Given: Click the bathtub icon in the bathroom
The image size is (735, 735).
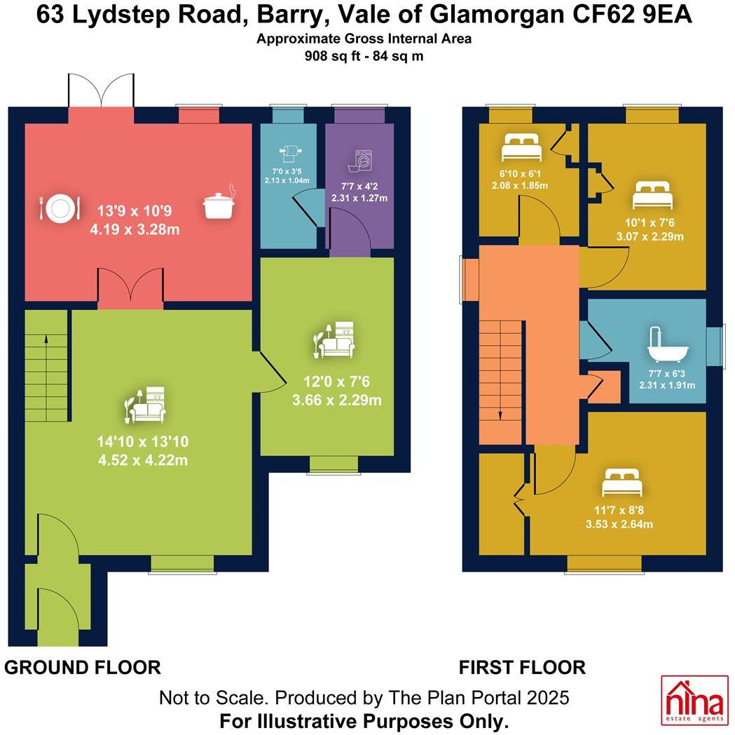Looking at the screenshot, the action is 668,344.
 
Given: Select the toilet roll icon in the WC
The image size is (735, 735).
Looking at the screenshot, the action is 290,154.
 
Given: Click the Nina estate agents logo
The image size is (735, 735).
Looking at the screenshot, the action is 694,701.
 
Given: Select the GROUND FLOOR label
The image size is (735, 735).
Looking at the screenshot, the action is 83,667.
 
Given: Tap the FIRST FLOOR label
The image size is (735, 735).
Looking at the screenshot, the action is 522,667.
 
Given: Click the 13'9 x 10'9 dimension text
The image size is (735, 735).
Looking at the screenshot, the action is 135,211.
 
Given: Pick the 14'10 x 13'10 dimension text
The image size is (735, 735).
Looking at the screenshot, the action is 143,441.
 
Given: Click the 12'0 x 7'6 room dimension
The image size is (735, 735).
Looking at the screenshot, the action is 336,382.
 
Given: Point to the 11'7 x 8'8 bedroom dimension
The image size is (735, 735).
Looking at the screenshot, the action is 619,510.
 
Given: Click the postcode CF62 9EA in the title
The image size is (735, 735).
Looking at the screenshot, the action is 632,15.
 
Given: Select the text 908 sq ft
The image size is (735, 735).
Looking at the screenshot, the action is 332,56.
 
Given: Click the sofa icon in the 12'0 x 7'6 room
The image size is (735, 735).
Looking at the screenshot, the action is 334,339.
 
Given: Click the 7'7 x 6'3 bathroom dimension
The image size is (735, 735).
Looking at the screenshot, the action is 667,374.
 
